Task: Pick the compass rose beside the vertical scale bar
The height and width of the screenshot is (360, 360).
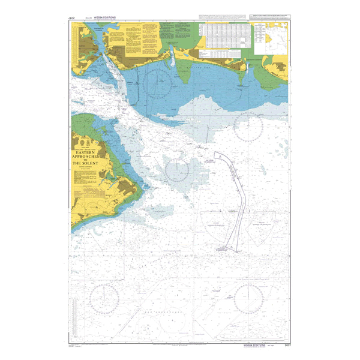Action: (x=103, y=295)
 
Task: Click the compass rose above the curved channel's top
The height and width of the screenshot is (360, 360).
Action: (x=247, y=125)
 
